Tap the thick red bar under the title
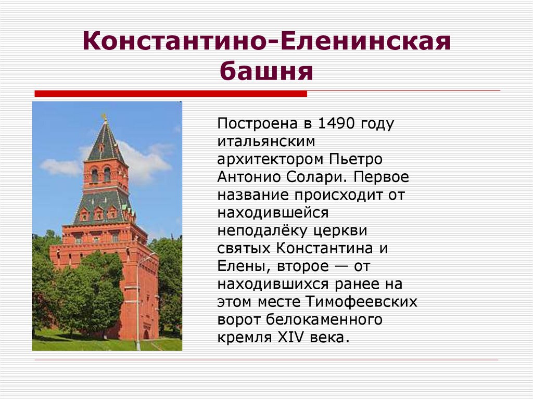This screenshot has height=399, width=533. coord(170,94)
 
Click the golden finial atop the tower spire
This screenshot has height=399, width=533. coord(105,118)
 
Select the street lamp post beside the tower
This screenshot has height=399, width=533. coord(138,302)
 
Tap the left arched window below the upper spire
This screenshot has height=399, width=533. coord(94,175)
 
